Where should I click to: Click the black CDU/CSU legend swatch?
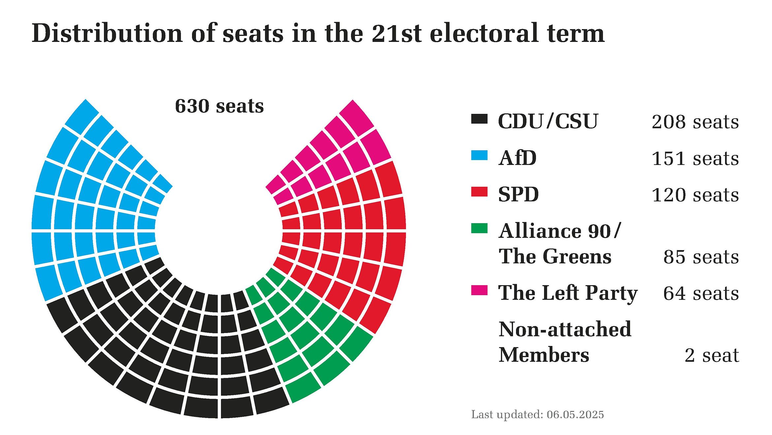[479, 119]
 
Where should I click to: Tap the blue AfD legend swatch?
[479, 155]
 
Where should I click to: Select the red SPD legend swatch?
[479, 192]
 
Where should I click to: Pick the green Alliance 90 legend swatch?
[479, 228]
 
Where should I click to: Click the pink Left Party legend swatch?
[479, 290]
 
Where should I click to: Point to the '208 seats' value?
[695, 122]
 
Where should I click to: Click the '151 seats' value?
[695, 159]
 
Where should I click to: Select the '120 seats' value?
[695, 195]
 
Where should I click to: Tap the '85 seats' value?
[701, 257]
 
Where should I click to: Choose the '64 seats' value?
[701, 293]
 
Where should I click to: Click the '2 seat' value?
[712, 355]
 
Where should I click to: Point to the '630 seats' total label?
[219, 106]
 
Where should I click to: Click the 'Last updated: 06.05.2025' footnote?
[537, 415]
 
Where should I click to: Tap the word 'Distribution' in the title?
[107, 33]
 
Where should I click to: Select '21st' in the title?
[397, 33]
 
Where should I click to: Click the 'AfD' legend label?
[517, 158]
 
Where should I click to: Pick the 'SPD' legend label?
[518, 194]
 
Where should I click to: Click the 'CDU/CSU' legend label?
[548, 121]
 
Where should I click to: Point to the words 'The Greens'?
[555, 256]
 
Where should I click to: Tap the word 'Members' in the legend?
[544, 355]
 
